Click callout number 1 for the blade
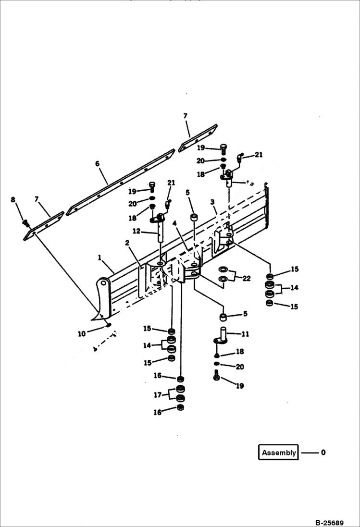click(99, 258)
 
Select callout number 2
click(128, 243)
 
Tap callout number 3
click(212, 203)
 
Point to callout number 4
click(175, 224)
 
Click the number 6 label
click(98, 164)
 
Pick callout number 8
click(13, 199)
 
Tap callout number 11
click(245, 333)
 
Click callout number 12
click(136, 231)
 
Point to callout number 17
click(157, 394)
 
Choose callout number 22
click(247, 278)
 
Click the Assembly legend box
click(279, 453)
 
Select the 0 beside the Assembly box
click(323, 453)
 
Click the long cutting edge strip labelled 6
click(120, 183)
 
